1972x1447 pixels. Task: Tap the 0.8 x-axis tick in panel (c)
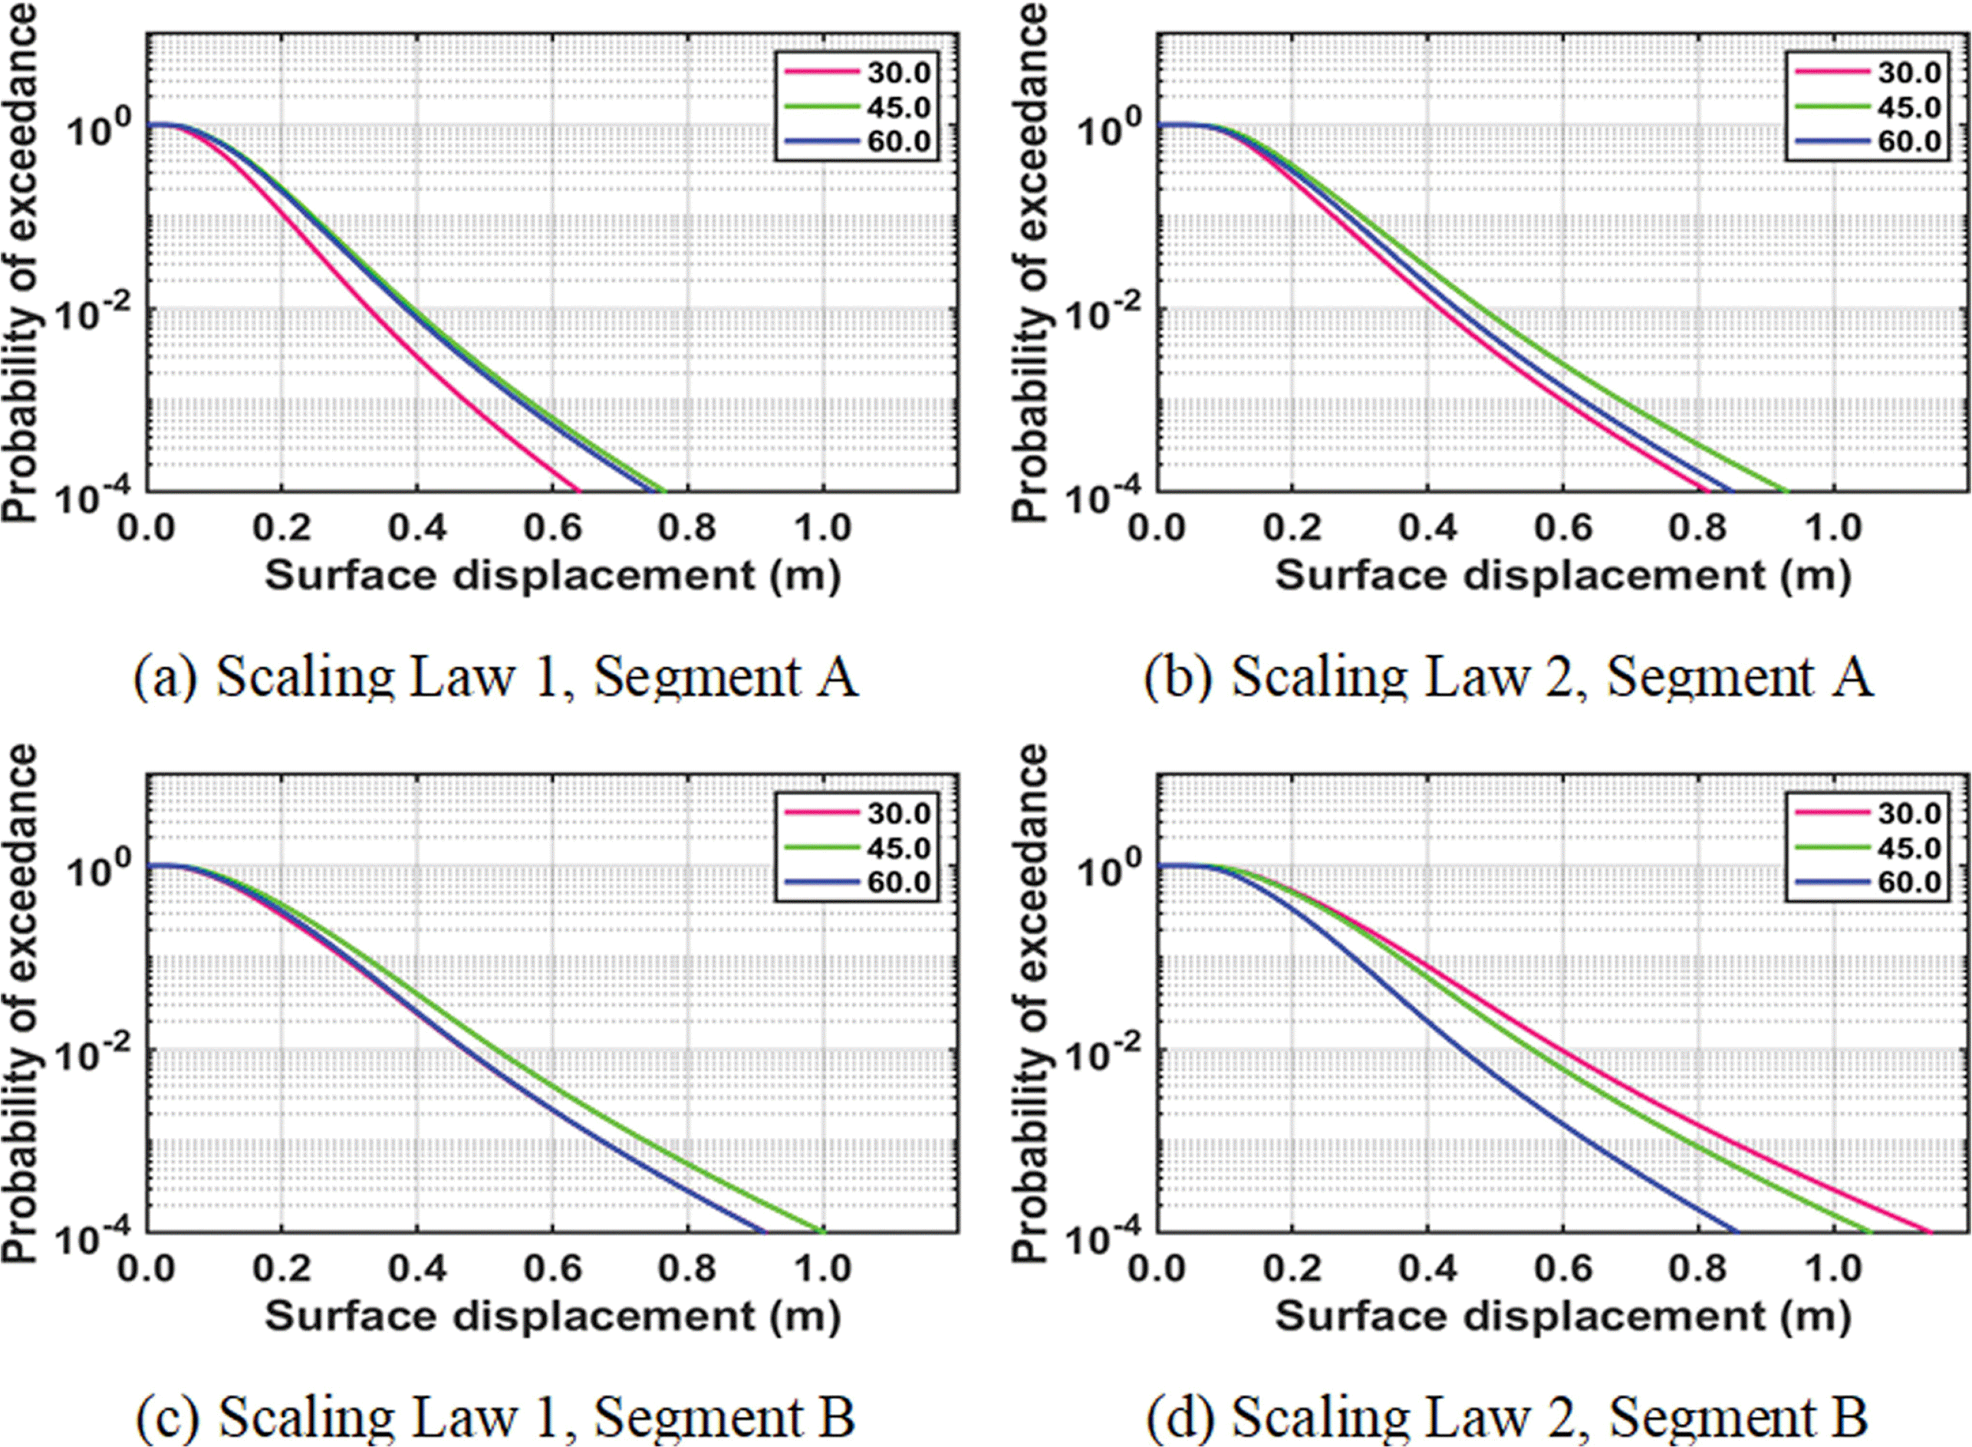coord(688,1268)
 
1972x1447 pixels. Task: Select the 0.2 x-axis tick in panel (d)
coord(1292,1268)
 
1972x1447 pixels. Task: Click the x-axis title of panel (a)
coord(552,575)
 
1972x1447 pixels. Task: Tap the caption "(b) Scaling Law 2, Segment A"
coord(1509,677)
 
